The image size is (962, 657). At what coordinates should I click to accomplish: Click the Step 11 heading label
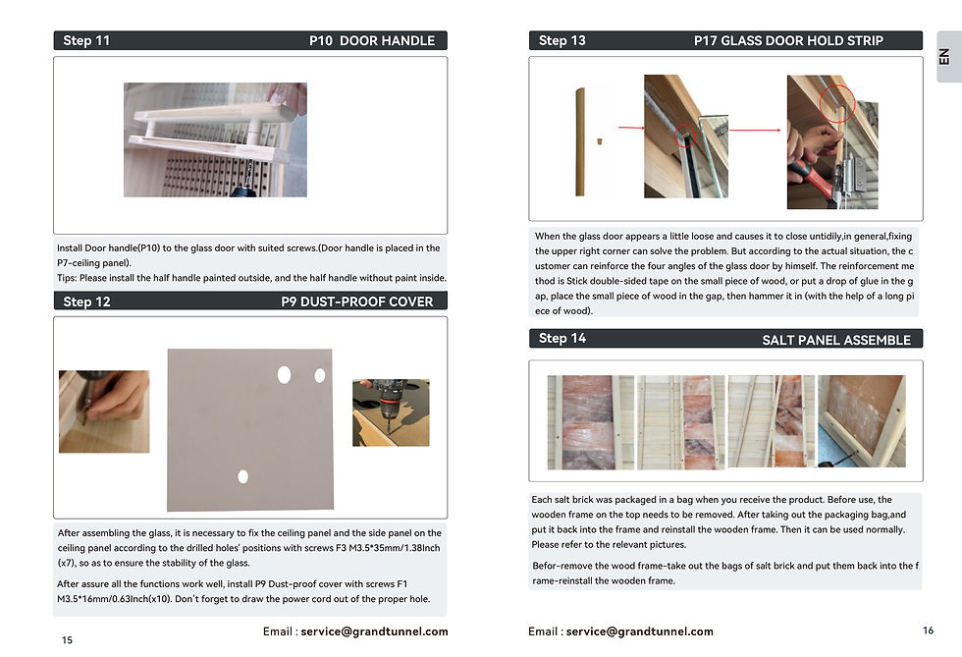86,41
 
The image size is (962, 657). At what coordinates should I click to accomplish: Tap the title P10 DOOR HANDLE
372,41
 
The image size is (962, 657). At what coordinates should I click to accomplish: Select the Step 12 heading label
86,301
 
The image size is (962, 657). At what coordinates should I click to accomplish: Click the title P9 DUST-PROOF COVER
357,301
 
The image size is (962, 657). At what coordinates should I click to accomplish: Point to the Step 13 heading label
561,41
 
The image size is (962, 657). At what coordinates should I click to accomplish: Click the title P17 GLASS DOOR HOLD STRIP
788,41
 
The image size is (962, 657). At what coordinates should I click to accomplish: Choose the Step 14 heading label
561,339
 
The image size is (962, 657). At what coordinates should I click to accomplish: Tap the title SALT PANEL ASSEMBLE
836,340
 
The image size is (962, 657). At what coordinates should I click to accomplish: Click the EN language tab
944,57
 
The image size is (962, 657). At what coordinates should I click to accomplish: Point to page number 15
67,639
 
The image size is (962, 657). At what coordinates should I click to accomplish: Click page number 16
929,630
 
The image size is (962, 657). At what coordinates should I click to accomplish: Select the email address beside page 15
374,631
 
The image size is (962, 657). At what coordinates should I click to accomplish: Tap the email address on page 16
639,631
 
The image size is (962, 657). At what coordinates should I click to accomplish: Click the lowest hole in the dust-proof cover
243,476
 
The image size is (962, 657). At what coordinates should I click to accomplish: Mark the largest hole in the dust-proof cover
284,374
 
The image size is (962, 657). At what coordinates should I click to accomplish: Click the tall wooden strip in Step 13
580,141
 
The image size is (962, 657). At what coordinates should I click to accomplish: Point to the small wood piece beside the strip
600,141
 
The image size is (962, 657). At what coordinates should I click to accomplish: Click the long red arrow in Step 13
755,131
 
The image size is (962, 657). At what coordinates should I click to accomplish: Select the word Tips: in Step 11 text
67,278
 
